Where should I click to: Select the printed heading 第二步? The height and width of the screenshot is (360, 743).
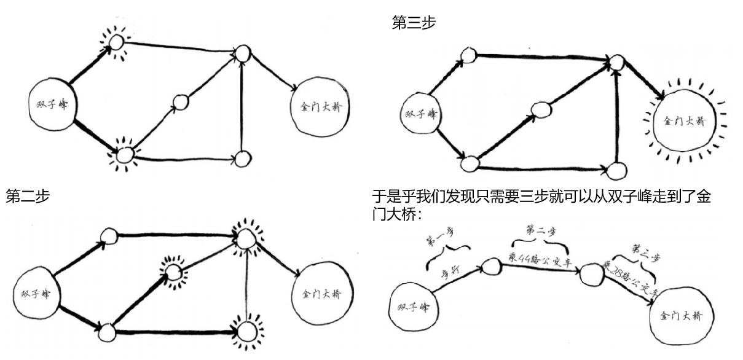tap(28, 197)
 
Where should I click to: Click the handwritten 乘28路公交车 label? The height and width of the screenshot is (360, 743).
tap(630, 279)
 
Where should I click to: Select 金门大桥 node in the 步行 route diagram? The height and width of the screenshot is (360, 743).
tap(681, 316)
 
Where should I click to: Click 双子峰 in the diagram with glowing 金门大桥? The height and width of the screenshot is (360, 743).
tap(422, 114)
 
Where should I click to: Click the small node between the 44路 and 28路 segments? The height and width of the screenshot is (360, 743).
tap(591, 273)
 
